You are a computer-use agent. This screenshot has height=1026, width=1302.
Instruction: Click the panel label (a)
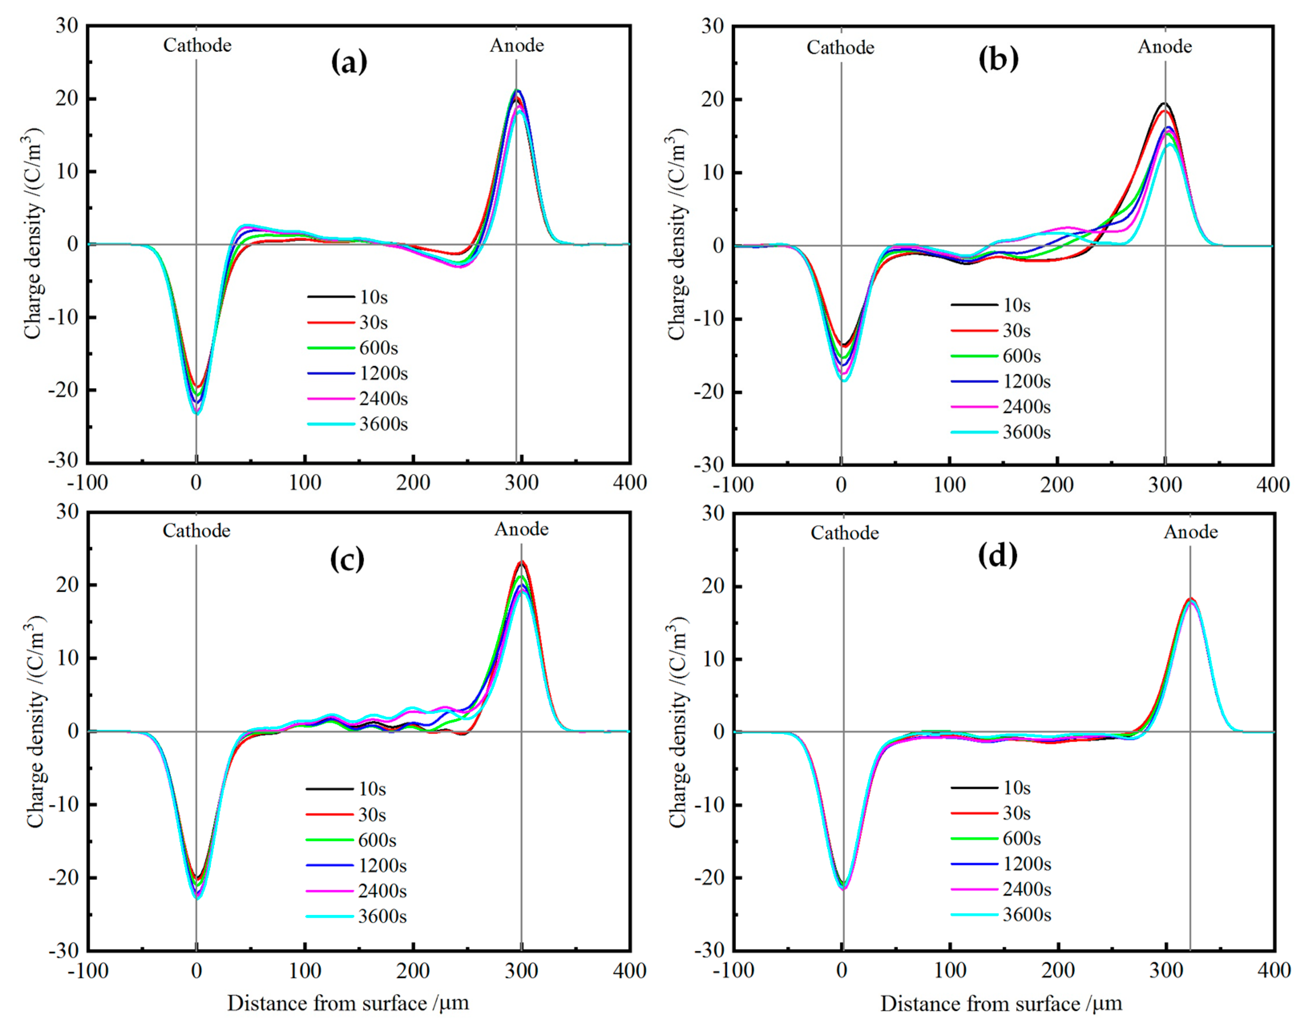pyautogui.click(x=349, y=62)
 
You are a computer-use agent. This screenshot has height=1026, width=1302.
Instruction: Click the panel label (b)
pyautogui.click(x=998, y=59)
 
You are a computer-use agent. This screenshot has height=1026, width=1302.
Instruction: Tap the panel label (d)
pyautogui.click(x=997, y=556)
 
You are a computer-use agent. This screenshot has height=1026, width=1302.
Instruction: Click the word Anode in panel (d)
pyautogui.click(x=1190, y=532)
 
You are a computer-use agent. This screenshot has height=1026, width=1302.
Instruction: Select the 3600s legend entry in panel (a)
pyautogui.click(x=383, y=424)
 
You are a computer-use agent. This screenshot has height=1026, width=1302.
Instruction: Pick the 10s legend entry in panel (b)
pyautogui.click(x=1016, y=305)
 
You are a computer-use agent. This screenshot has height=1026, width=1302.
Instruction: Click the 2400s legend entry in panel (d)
pyautogui.click(x=1026, y=889)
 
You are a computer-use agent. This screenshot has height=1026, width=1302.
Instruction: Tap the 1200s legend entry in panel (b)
pyautogui.click(x=1026, y=381)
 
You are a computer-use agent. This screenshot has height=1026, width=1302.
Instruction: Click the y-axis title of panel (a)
pyautogui.click(x=33, y=234)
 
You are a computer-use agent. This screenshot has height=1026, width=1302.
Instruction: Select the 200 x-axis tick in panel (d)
pyautogui.click(x=1058, y=970)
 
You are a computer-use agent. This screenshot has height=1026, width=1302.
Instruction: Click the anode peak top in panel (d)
pyautogui.click(x=1190, y=598)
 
